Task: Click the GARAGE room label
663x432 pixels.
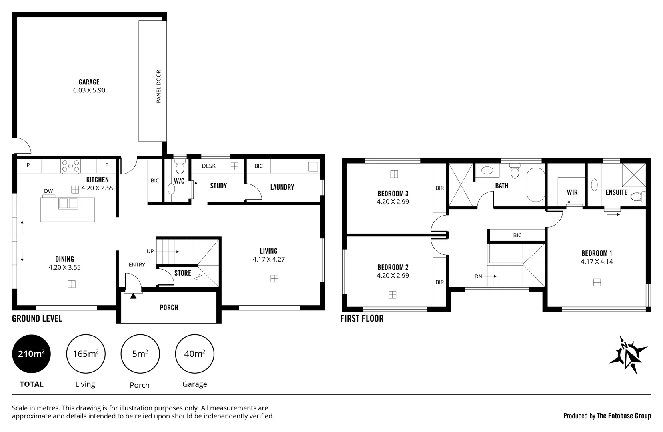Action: pos(89,82)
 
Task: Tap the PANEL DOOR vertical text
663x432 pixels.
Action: pos(158,87)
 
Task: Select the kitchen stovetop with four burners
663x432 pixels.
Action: pos(70,166)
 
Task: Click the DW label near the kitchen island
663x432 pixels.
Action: pos(48,191)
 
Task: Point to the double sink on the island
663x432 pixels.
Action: pos(68,203)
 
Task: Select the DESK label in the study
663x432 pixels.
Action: pos(208,166)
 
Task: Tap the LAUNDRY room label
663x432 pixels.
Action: pos(282,187)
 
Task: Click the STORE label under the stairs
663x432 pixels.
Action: pos(182,273)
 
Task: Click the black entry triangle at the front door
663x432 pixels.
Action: pos(133,296)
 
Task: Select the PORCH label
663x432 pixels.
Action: pos(169,307)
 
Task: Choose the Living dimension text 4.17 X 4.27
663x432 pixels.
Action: pos(268,259)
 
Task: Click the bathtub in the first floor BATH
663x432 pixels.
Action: pos(536,185)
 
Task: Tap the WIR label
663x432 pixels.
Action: pos(572,192)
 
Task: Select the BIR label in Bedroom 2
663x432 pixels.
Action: pos(439,282)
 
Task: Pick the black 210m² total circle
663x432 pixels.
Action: pos(32,354)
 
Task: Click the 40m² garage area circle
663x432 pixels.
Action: pos(194,354)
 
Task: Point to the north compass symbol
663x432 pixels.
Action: pos(628,354)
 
